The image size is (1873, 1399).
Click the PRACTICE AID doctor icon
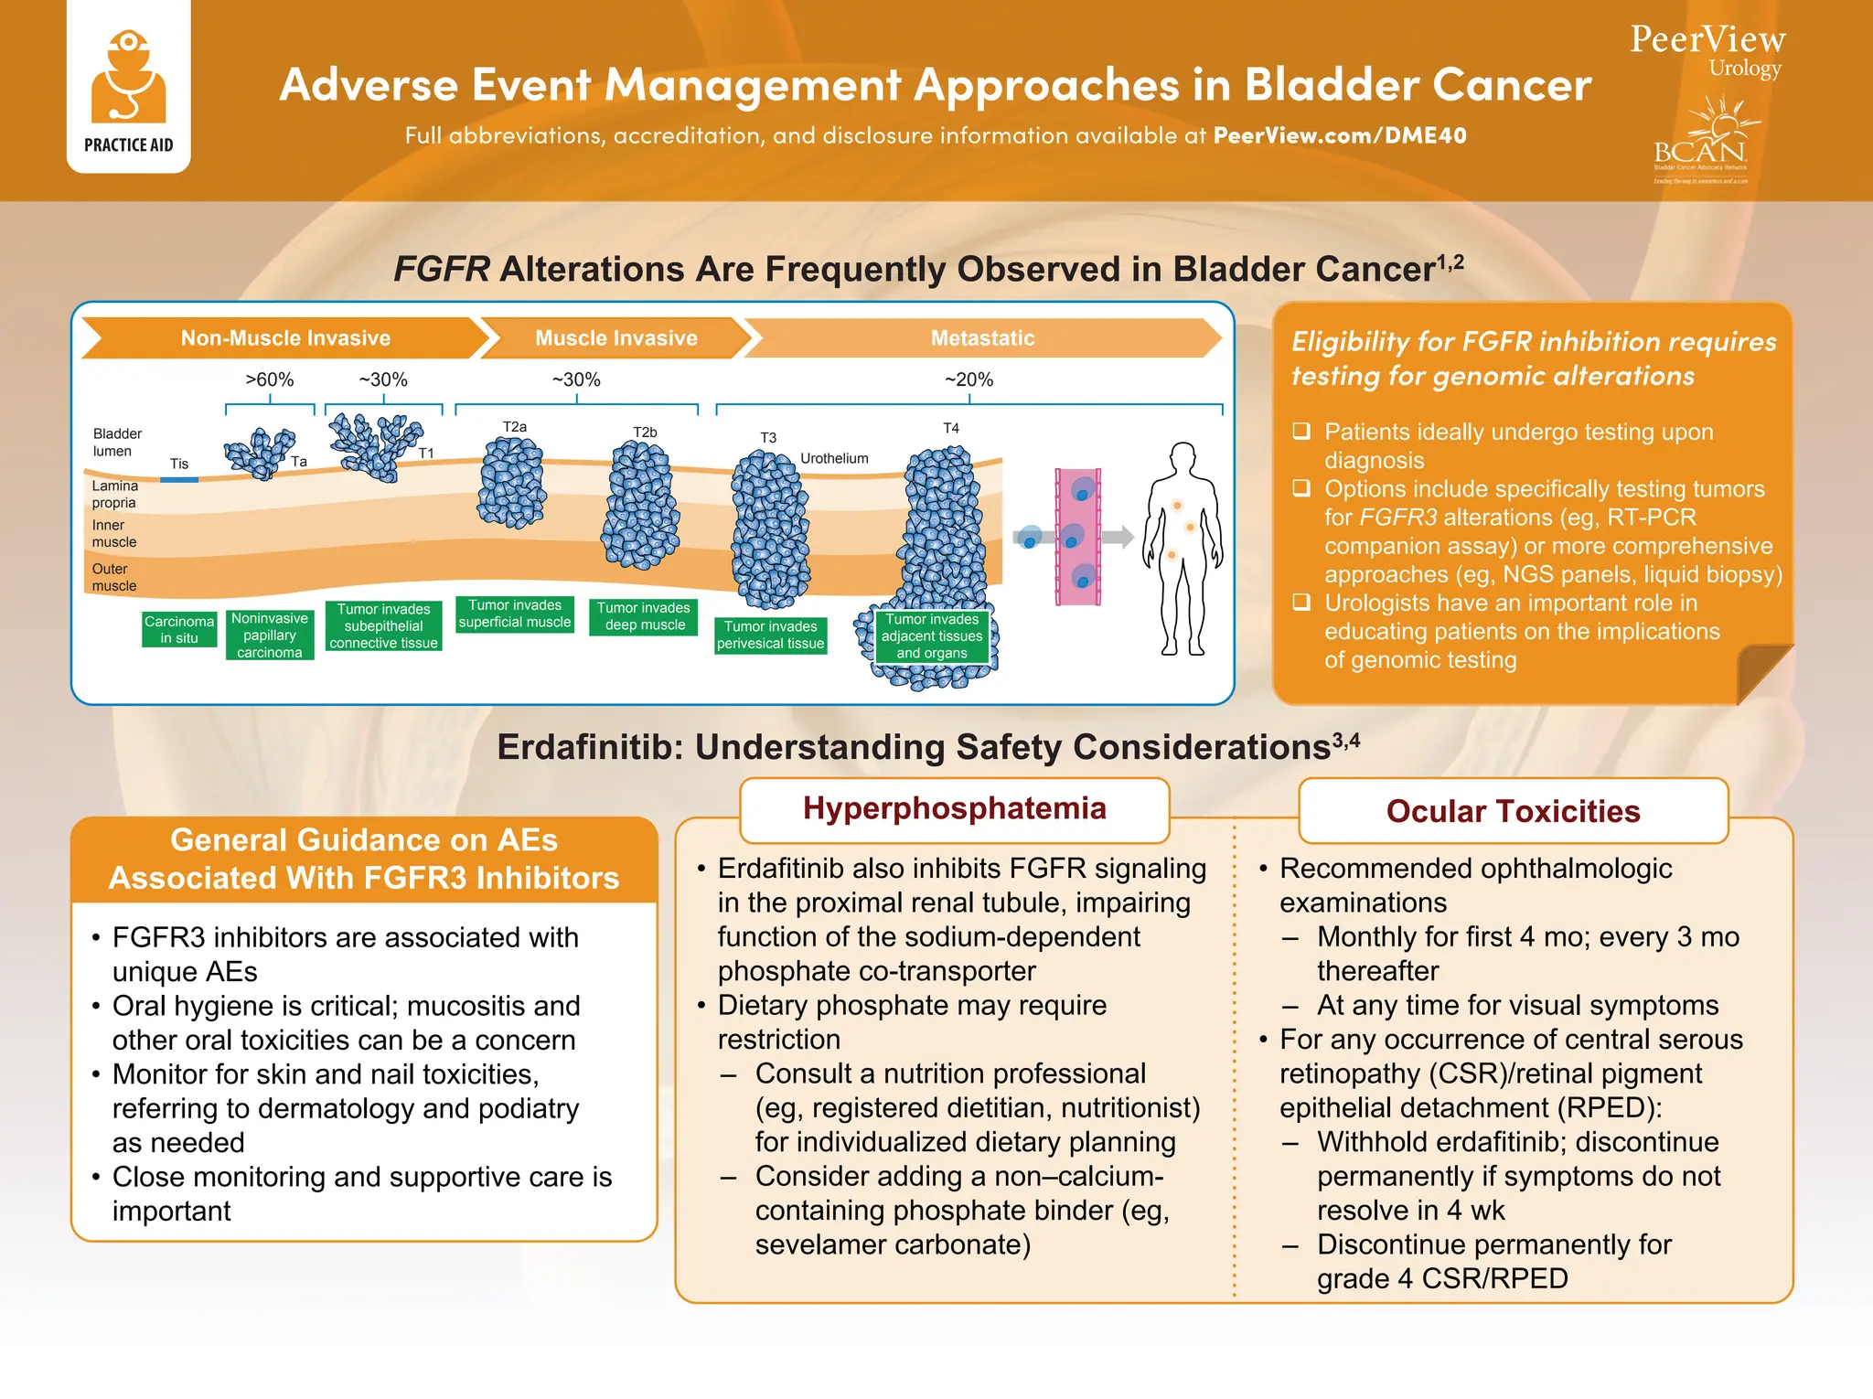pos(128,78)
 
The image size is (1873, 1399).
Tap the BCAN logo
pos(1701,146)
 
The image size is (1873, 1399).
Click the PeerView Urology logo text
pos(1707,49)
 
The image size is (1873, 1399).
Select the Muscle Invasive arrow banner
pos(615,338)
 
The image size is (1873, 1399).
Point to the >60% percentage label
pos(269,379)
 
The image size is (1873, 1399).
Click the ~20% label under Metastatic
pos(969,379)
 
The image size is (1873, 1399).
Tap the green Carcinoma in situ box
pos(179,629)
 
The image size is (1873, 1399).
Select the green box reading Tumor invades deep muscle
pos(644,616)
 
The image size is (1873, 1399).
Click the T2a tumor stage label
pos(515,427)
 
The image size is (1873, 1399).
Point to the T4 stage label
pos(951,428)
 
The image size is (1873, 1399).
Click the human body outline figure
pos(1183,549)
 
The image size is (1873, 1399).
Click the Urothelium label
pos(834,458)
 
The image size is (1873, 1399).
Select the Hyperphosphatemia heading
pos(954,808)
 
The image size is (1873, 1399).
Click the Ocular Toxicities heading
pos(1513,811)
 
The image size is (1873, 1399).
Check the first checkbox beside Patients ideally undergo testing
pos(1301,431)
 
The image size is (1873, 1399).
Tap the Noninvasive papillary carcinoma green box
pos(270,635)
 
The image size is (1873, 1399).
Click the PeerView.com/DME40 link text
pos(1339,135)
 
